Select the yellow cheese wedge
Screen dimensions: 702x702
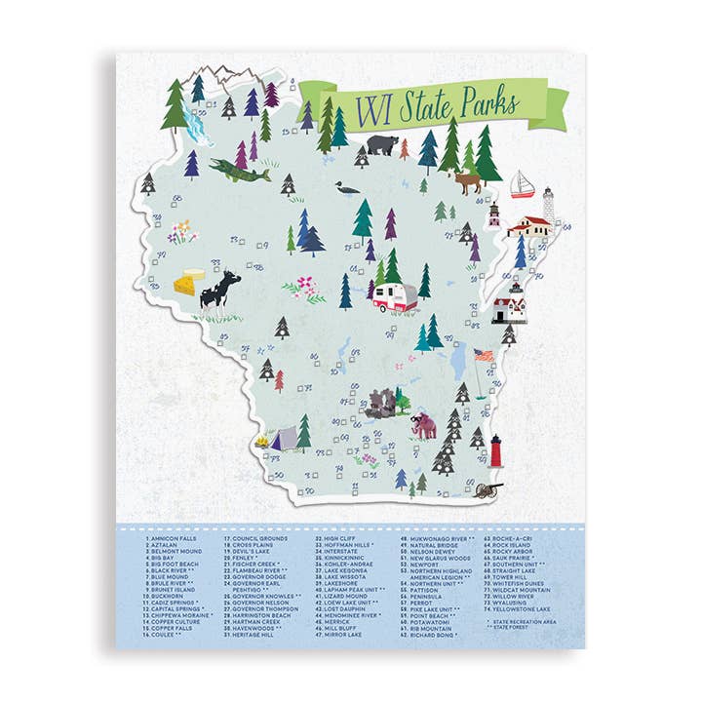point(190,283)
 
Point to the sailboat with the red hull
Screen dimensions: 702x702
point(524,184)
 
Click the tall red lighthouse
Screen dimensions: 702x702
point(495,451)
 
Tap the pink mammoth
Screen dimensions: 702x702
point(423,424)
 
